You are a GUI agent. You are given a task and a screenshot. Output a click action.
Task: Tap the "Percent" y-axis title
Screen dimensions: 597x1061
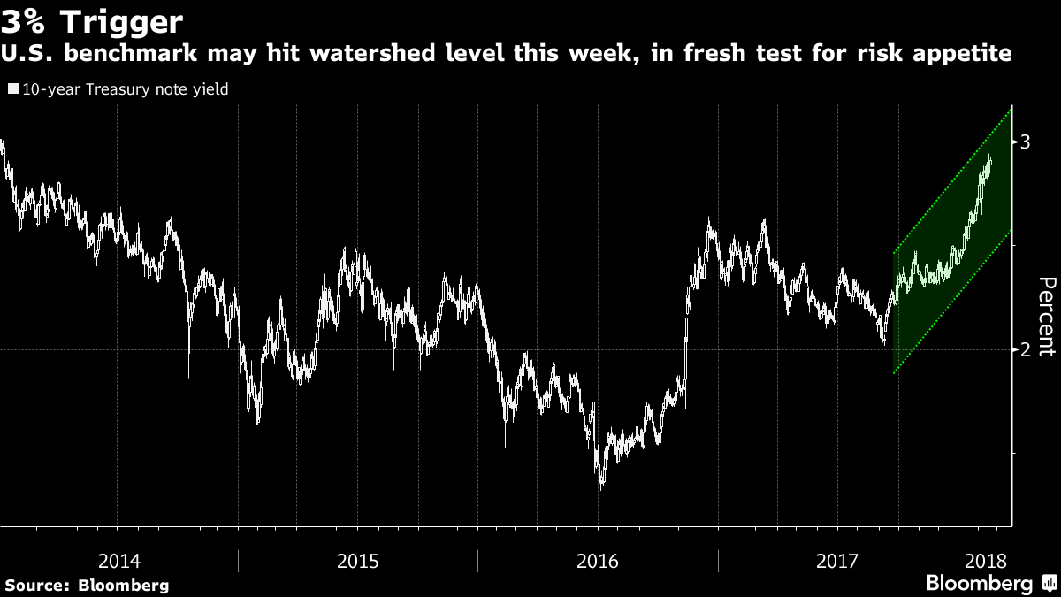(1046, 316)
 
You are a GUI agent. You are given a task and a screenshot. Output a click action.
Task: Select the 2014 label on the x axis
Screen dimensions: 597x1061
(118, 561)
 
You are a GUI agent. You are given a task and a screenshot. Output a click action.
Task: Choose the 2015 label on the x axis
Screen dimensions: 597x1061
(358, 561)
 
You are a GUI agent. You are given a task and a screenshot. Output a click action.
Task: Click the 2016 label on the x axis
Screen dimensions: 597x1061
(598, 561)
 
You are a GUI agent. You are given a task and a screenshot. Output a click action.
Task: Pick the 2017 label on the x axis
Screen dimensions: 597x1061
(837, 561)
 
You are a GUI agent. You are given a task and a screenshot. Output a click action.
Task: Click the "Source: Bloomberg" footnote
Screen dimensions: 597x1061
(86, 585)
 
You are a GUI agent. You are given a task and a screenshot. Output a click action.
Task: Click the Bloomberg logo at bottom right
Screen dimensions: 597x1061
(988, 584)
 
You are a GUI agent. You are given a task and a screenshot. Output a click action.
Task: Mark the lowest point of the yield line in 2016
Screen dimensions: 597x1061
(602, 486)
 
